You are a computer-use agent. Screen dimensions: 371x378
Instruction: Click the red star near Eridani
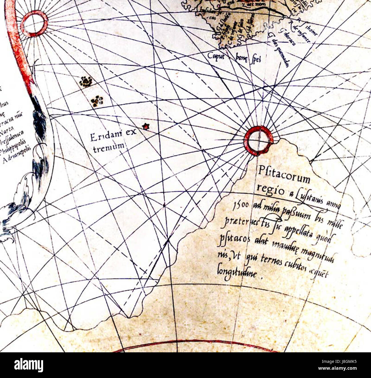pos(146,126)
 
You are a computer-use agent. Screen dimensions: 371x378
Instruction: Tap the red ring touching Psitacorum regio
pos(258,141)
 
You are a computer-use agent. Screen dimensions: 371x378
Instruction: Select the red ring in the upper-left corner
pos(34,24)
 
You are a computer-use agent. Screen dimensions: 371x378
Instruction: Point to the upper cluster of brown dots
pos(86,82)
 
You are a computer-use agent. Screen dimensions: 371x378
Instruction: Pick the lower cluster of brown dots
pos(97,101)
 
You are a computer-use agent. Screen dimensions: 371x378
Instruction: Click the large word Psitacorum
pos(284,175)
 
